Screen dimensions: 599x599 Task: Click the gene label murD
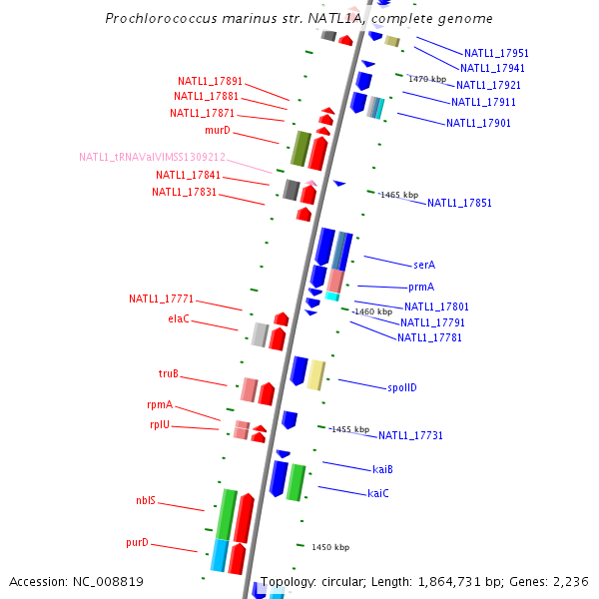(x=218, y=130)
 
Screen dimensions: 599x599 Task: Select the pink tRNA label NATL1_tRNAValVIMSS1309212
(x=153, y=157)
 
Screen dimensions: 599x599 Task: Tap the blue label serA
(x=424, y=266)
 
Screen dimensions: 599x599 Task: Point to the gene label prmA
(x=421, y=287)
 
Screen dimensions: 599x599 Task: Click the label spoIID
(x=401, y=387)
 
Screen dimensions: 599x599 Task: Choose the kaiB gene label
(x=382, y=469)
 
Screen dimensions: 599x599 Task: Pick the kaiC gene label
(x=378, y=493)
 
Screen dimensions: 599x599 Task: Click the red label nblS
(x=146, y=501)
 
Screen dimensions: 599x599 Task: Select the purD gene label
(x=137, y=543)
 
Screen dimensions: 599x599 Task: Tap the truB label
(x=169, y=374)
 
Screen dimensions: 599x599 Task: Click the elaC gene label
(x=179, y=319)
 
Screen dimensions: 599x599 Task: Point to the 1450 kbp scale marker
(x=330, y=547)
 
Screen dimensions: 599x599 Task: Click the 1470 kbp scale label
(x=427, y=79)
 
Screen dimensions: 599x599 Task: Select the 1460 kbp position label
(x=373, y=311)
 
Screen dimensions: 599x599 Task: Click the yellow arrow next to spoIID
(x=315, y=374)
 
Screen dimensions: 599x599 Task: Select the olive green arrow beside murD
(x=299, y=148)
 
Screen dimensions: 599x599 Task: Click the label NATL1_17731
(x=410, y=435)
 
